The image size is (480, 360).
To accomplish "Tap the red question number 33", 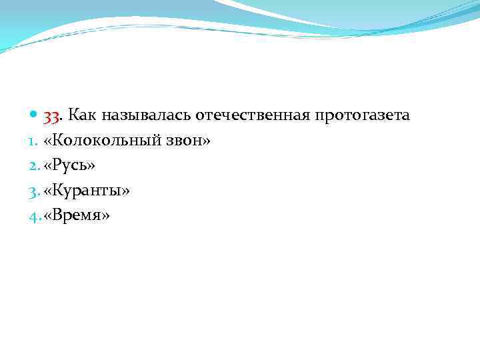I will click(53, 116).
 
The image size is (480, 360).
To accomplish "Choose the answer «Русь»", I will click(69, 167).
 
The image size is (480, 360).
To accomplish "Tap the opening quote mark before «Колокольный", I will click(48, 142).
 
